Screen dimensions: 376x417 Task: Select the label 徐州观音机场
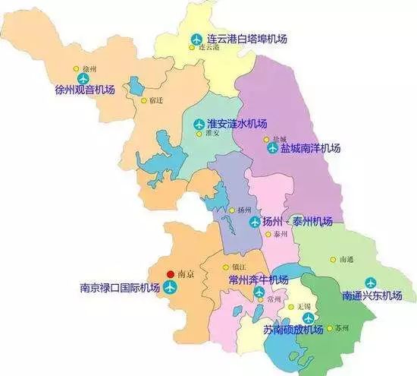(85, 90)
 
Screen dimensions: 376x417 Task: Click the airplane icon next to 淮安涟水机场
(199, 124)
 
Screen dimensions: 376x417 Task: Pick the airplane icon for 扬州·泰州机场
(256, 223)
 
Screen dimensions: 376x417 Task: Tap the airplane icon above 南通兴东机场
(370, 282)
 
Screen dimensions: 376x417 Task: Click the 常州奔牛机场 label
(259, 280)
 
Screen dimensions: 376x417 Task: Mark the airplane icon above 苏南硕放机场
(308, 318)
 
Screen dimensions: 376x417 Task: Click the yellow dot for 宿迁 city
(144, 100)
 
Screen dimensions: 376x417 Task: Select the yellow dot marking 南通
(332, 259)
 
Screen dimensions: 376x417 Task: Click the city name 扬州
(243, 210)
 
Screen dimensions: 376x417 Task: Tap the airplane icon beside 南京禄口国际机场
(169, 288)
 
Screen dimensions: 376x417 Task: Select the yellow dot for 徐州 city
(77, 68)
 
